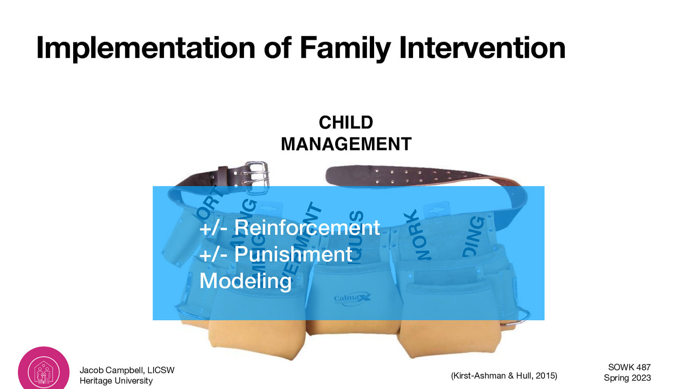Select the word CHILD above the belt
pyautogui.click(x=346, y=123)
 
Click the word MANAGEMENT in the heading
pyautogui.click(x=346, y=144)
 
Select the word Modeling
pyautogui.click(x=245, y=281)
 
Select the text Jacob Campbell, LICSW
pyautogui.click(x=127, y=370)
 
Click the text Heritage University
pyautogui.click(x=116, y=381)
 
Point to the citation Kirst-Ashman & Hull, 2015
pyautogui.click(x=504, y=376)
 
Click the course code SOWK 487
pyautogui.click(x=629, y=367)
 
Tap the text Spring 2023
pyautogui.click(x=627, y=378)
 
